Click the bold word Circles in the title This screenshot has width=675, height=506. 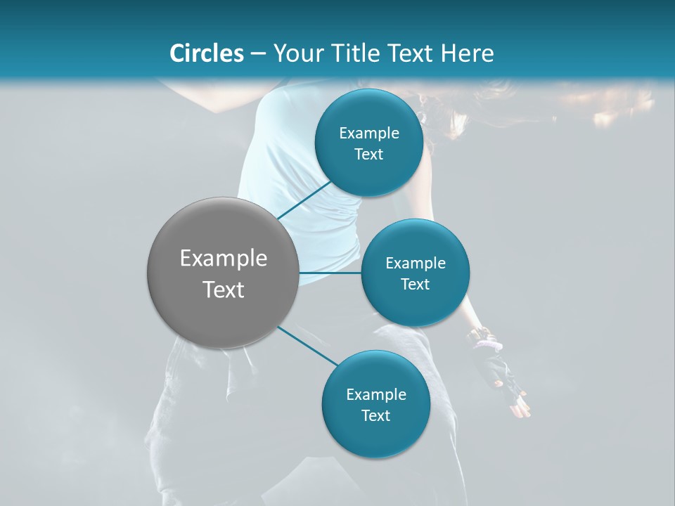(207, 53)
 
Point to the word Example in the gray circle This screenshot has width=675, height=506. (224, 259)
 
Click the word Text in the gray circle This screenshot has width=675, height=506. (224, 290)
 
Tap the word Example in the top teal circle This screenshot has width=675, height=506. (369, 134)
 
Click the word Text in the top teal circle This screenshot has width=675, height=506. (369, 155)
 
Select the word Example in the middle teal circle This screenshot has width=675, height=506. (416, 264)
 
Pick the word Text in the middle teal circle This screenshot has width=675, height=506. (416, 285)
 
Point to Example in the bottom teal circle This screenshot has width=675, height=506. (376, 395)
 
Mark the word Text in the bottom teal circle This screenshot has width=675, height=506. (376, 416)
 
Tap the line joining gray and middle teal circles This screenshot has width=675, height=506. (330, 273)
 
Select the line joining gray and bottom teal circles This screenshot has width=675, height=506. (307, 346)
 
